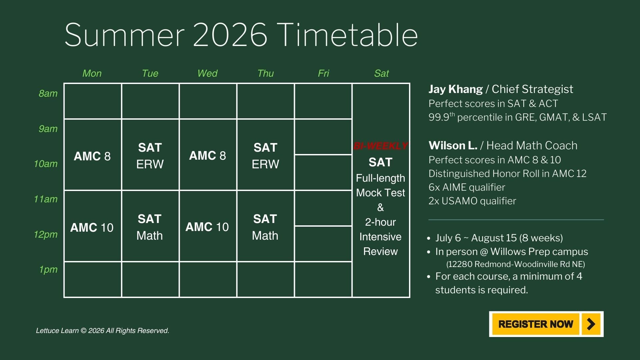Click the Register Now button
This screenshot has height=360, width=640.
point(546,324)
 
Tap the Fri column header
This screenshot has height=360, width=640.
point(323,73)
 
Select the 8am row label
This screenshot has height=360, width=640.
point(48,93)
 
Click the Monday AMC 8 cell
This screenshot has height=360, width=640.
point(93,155)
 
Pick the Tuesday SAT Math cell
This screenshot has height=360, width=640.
point(150,226)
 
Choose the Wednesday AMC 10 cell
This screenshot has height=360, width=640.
point(208,226)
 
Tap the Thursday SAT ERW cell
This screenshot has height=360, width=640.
point(265,155)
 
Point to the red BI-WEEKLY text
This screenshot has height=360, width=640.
point(381,146)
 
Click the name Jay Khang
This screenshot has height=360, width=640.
point(455,89)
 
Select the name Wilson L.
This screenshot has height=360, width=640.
point(453,145)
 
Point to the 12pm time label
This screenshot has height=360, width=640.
point(46,234)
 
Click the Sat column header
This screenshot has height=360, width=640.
point(381,73)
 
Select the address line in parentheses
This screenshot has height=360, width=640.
point(516,264)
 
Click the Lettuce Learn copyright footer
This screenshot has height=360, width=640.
point(103,331)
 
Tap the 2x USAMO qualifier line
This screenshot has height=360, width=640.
point(472,201)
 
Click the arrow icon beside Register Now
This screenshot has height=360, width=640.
point(591,324)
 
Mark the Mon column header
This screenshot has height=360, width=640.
point(92,73)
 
